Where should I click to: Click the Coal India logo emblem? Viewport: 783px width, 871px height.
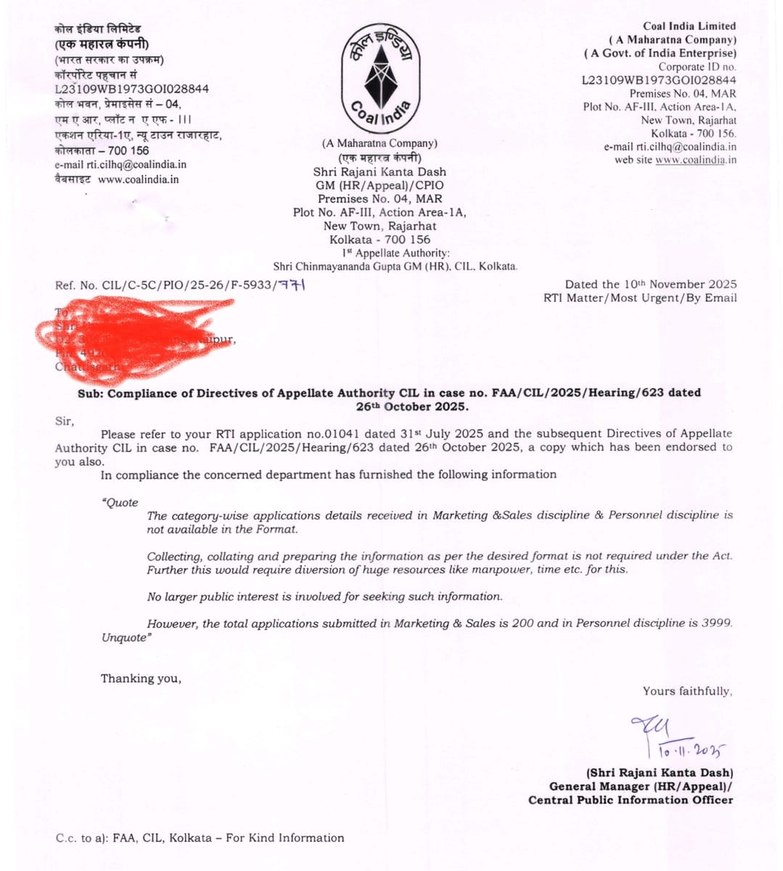pyautogui.click(x=380, y=75)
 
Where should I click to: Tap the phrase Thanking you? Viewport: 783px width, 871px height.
pyautogui.click(x=141, y=678)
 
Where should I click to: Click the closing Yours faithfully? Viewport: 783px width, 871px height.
pyautogui.click(x=687, y=691)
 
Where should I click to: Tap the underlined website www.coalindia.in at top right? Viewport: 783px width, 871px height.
pyautogui.click(x=696, y=160)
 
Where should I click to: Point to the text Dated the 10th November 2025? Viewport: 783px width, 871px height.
pyautogui.click(x=651, y=285)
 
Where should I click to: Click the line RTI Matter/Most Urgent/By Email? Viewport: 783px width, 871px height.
pyautogui.click(x=640, y=298)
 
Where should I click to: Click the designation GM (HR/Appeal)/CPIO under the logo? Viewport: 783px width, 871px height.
pyautogui.click(x=380, y=185)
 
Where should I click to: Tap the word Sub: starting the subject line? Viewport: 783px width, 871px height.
pyautogui.click(x=91, y=393)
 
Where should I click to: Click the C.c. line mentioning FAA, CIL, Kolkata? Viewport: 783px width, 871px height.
pyautogui.click(x=200, y=838)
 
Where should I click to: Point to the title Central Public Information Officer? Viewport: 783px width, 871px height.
pyautogui.click(x=631, y=800)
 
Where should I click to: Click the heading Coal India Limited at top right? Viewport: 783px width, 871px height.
pyautogui.click(x=689, y=26)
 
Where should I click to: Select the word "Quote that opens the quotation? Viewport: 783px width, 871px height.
pyautogui.click(x=120, y=502)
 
